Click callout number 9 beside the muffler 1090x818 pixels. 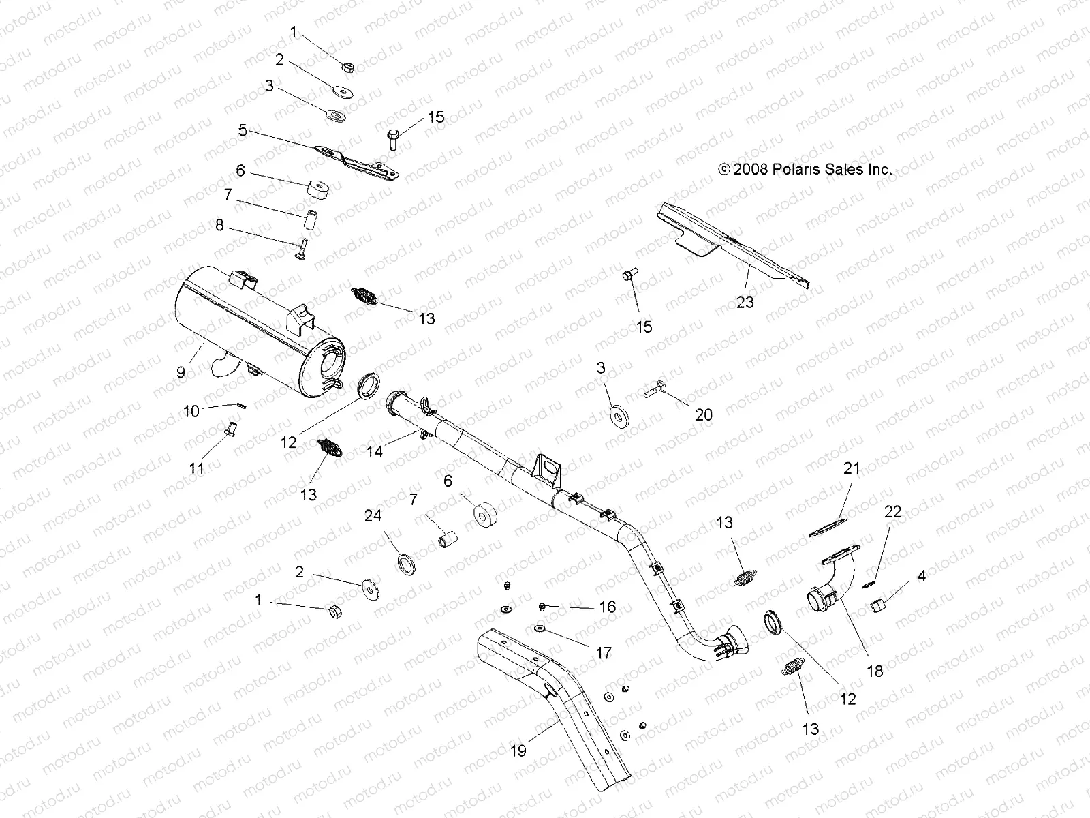[181, 372]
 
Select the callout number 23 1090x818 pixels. [745, 302]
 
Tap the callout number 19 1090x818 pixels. [518, 751]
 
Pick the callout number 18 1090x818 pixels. [874, 671]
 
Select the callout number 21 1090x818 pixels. [852, 469]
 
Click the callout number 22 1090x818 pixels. [892, 511]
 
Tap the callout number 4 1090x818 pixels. [922, 577]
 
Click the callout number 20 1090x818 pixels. [704, 414]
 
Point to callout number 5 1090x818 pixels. [243, 130]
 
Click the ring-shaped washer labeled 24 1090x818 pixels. [407, 564]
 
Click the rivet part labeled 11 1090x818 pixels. [229, 430]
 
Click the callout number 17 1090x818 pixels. [604, 653]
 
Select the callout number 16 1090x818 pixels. [607, 607]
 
